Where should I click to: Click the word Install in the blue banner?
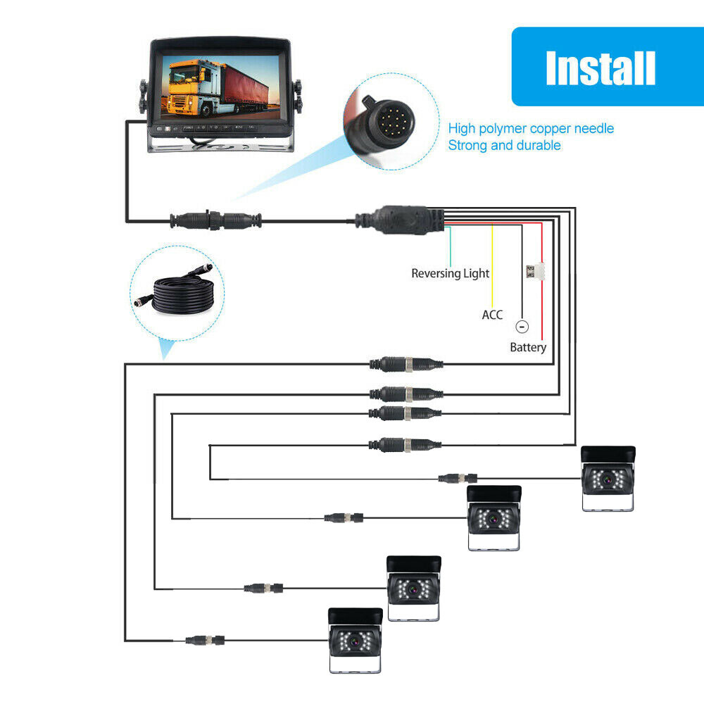[601, 68]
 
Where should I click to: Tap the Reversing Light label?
[450, 273]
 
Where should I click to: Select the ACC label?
[492, 315]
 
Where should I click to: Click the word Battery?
[528, 347]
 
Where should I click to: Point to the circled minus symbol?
[521, 327]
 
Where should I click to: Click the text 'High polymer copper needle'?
[531, 128]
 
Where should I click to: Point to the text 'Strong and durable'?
[504, 145]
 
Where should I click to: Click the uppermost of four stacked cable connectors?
[406, 364]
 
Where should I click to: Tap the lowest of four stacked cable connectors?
[406, 444]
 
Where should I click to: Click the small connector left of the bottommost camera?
[206, 641]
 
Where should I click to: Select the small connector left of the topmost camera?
[458, 478]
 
